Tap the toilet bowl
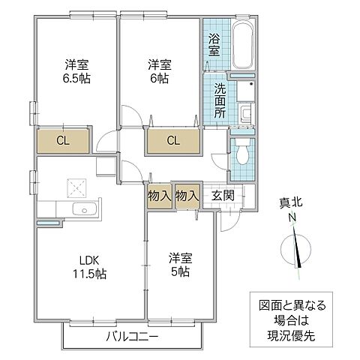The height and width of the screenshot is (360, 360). click(x=242, y=151)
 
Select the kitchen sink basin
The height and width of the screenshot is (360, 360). click(x=85, y=208)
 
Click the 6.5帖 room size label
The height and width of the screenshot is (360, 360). click(x=76, y=79)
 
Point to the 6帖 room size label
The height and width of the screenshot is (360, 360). click(x=160, y=79)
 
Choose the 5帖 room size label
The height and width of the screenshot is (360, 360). click(x=180, y=271)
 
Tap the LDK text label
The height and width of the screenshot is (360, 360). click(x=89, y=261)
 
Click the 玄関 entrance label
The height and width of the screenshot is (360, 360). click(x=223, y=196)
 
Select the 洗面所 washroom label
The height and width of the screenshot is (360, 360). click(x=220, y=100)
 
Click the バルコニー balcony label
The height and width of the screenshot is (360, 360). click(x=132, y=337)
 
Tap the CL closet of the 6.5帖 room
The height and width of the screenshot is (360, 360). click(x=63, y=141)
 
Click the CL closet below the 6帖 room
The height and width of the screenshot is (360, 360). click(x=173, y=141)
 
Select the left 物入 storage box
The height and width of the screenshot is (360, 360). click(x=160, y=196)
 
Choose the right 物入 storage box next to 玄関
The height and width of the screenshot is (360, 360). click(x=187, y=196)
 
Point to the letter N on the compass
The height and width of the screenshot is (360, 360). click(x=292, y=217)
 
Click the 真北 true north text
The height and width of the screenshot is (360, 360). click(x=291, y=202)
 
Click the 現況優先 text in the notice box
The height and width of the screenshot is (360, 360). click(x=291, y=336)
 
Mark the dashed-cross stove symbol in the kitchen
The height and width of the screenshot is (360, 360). click(x=76, y=187)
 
